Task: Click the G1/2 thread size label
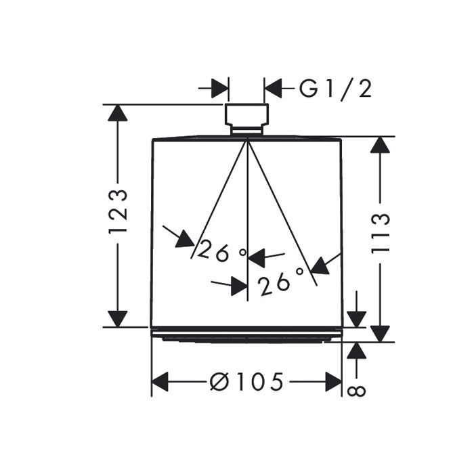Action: pyautogui.click(x=337, y=88)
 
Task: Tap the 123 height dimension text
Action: pyautogui.click(x=118, y=212)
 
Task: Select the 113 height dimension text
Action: pyautogui.click(x=381, y=233)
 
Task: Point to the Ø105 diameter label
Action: pyautogui.click(x=247, y=382)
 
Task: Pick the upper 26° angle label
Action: pyautogui.click(x=222, y=253)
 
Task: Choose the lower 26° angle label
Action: pyautogui.click(x=282, y=280)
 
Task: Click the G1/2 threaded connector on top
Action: pyautogui.click(x=246, y=116)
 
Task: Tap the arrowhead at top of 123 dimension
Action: pyautogui.click(x=118, y=112)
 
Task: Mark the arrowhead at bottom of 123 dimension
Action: pyautogui.click(x=118, y=318)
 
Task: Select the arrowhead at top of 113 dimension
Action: pyautogui.click(x=381, y=145)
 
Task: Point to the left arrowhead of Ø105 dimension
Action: pyautogui.click(x=160, y=382)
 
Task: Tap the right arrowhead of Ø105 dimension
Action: pyautogui.click(x=333, y=382)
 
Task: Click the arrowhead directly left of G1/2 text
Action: pyautogui.click(x=273, y=88)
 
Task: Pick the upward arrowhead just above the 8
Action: pyautogui.click(x=357, y=350)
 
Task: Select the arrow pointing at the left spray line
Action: pyautogui.click(x=184, y=238)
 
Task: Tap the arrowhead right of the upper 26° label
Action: pyautogui.click(x=257, y=257)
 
